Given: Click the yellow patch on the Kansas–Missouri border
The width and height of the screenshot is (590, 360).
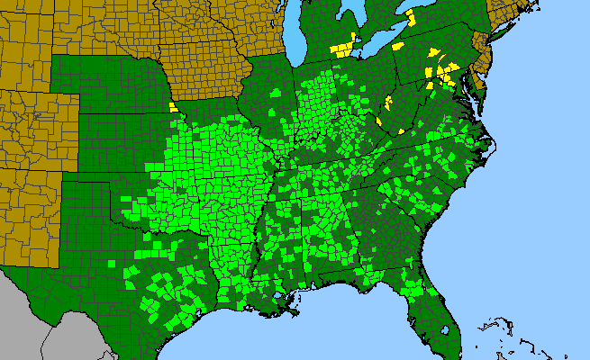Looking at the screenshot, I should [x=172, y=107].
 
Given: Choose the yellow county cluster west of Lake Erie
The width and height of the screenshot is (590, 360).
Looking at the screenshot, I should [x=342, y=46].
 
